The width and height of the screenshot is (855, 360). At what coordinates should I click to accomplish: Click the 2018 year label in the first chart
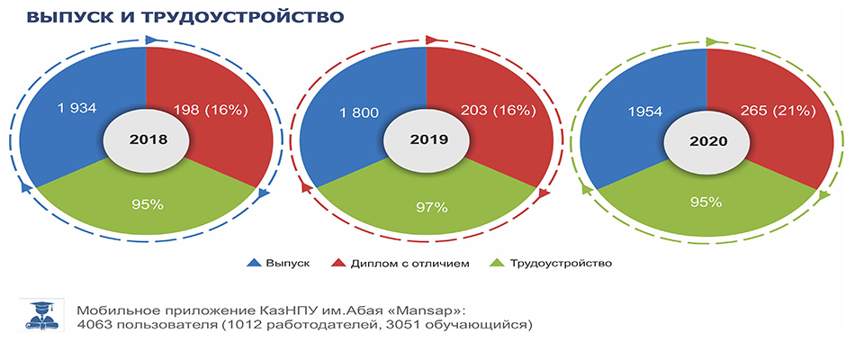148,139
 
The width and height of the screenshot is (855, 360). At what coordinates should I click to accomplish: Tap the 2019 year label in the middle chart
428,139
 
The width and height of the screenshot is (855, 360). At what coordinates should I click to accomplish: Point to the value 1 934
76,108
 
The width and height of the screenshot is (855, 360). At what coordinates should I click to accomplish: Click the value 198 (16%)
211,111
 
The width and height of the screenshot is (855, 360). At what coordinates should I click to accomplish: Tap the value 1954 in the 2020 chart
644,112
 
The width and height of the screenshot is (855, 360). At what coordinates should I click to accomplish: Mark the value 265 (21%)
778,112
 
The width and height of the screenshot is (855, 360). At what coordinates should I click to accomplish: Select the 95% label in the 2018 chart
148,205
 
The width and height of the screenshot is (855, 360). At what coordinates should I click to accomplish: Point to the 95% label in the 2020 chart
706,202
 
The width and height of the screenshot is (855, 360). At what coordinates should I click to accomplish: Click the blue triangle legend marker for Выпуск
254,264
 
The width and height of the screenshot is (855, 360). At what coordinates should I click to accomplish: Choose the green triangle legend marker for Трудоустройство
498,264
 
